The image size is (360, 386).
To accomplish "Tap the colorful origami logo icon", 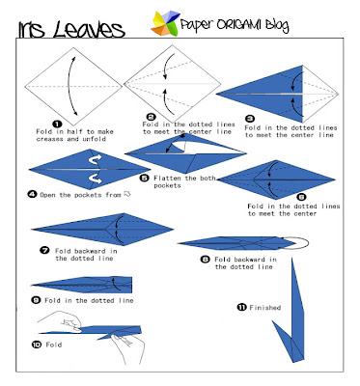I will (159, 21).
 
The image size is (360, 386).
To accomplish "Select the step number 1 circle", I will (57, 124).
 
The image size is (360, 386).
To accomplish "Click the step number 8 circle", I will (205, 260).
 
